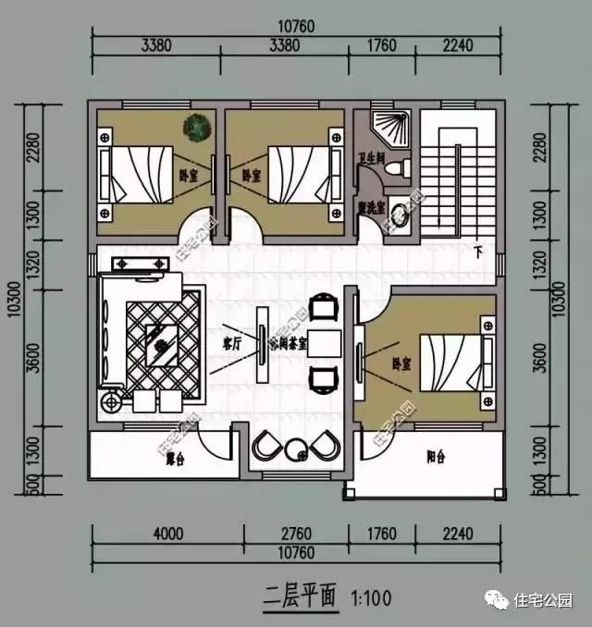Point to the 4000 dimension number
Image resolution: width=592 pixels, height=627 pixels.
pos(167,534)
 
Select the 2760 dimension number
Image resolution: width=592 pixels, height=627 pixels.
pos(294,534)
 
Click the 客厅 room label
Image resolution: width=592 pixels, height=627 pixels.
pos(231,341)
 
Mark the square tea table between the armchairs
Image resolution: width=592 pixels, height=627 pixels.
pos(322,340)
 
